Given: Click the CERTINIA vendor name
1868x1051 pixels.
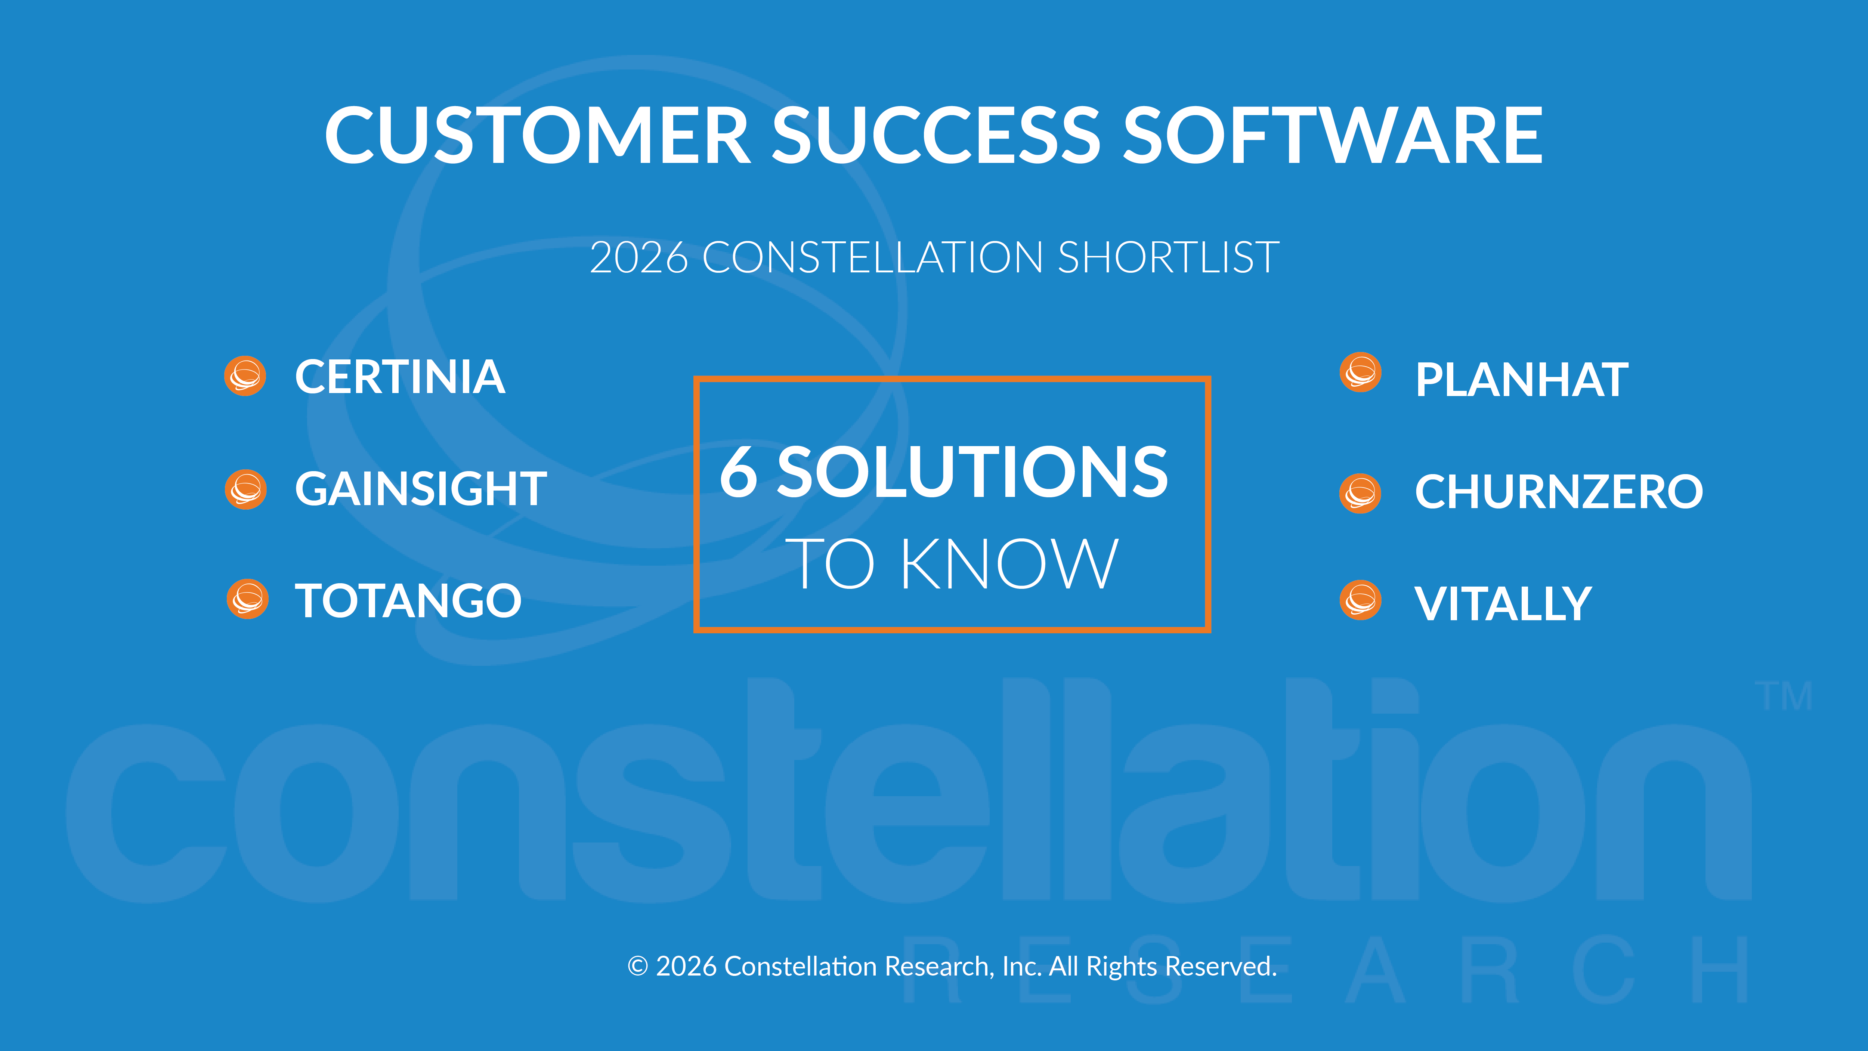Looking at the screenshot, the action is (399, 377).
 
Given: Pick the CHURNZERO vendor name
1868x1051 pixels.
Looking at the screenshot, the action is (1558, 492).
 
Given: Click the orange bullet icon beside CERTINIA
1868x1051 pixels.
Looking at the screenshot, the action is (245, 376).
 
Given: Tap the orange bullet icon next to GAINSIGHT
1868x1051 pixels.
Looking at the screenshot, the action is (246, 489).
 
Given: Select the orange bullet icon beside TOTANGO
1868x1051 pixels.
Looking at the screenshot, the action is (247, 599).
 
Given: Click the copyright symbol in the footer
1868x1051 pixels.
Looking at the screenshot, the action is (637, 966).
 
